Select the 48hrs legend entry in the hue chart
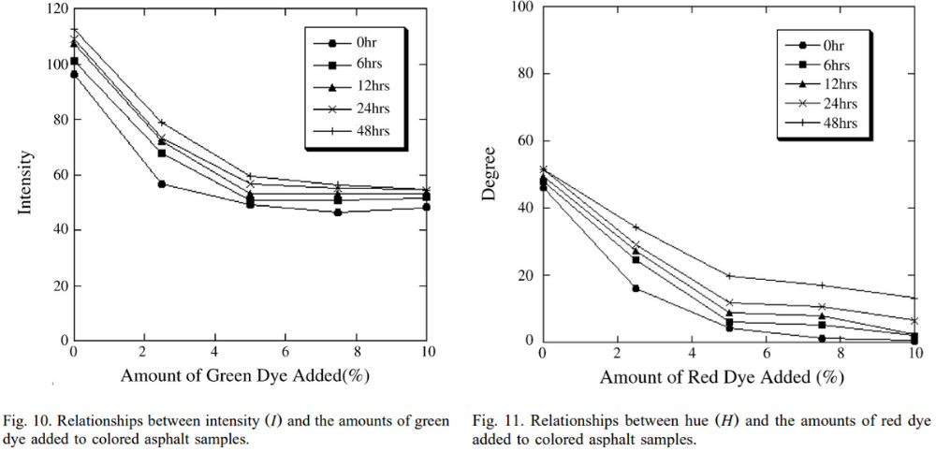coord(827,124)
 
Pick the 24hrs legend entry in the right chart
coord(827,104)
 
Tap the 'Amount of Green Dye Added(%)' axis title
coord(249,376)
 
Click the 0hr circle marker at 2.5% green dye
coord(162,184)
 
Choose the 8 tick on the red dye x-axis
coord(841,353)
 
